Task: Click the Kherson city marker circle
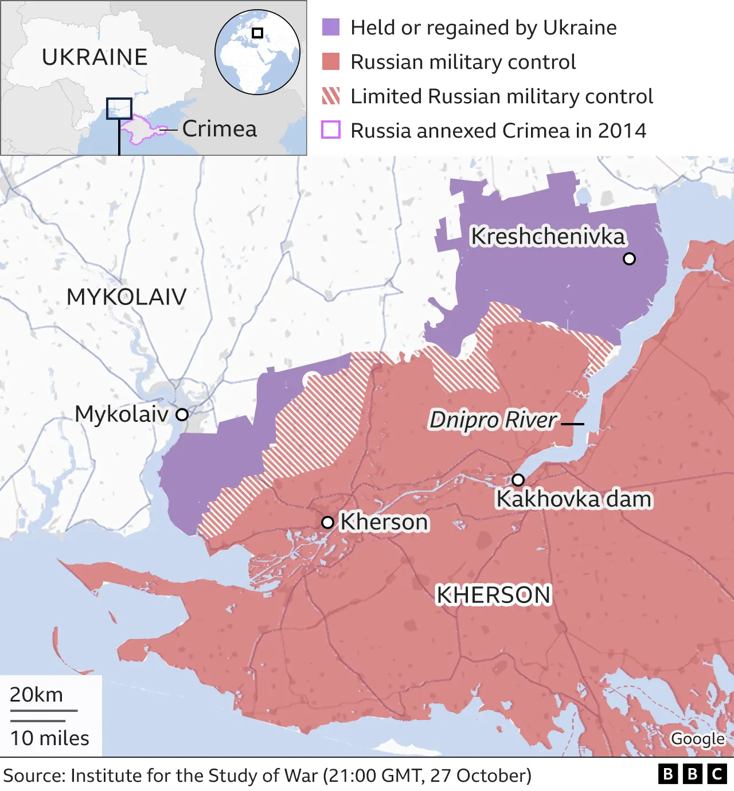(x=327, y=522)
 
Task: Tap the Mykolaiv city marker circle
(x=182, y=414)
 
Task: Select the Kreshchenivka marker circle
(x=629, y=259)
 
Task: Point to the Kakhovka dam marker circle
(x=518, y=480)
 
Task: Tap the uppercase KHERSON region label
(x=493, y=595)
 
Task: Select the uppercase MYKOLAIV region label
(x=126, y=297)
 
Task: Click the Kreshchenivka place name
(x=548, y=236)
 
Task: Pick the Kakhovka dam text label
(x=573, y=499)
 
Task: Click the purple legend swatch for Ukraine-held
(x=331, y=28)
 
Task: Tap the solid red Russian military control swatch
(x=331, y=62)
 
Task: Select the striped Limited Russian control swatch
(x=331, y=96)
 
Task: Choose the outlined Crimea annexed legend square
(x=331, y=130)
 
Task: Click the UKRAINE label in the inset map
(x=95, y=57)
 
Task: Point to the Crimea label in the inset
(x=220, y=129)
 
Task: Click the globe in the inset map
(x=257, y=52)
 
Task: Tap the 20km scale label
(x=36, y=695)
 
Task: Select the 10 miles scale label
(x=50, y=738)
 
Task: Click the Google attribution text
(x=697, y=739)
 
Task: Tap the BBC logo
(x=692, y=774)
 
